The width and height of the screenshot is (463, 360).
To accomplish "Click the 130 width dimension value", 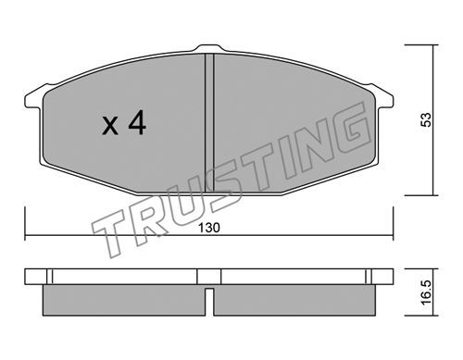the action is tap(209, 228).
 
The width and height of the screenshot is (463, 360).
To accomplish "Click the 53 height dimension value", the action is tap(426, 119).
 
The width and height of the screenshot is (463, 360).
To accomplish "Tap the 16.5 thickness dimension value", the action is tap(426, 292).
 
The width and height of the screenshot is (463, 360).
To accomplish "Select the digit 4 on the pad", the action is tap(137, 122).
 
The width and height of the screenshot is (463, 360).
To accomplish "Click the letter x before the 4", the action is tap(110, 126).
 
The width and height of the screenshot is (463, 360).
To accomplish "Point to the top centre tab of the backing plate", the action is tap(209, 48).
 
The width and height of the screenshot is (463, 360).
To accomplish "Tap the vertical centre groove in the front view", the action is tap(209, 123).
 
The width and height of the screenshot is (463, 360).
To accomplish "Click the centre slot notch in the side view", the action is tap(209, 302).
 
